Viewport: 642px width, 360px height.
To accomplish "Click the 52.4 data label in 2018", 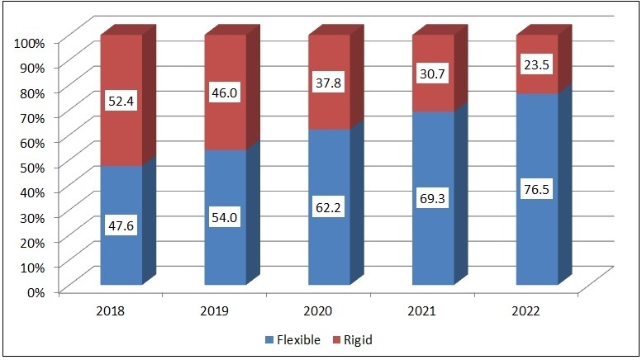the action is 121,101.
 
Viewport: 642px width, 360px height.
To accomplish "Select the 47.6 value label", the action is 121,225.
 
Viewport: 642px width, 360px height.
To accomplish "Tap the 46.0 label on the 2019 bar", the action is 225,92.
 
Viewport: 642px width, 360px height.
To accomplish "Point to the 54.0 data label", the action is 225,217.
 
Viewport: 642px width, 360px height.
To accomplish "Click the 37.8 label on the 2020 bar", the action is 328,83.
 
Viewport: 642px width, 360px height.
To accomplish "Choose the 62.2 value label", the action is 328,208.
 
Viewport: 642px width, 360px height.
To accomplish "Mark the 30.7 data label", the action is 432,74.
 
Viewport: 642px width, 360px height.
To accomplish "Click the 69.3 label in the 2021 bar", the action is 432,199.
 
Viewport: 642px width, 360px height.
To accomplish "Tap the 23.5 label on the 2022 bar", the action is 536,65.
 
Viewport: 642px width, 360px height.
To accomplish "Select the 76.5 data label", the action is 536,190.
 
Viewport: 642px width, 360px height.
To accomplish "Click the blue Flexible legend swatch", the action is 269,340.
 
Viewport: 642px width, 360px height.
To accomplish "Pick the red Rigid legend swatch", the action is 336,340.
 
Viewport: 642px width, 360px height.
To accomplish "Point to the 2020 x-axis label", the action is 318,311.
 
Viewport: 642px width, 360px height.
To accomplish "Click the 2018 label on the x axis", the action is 110,311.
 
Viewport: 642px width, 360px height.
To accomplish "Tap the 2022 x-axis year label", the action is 525,311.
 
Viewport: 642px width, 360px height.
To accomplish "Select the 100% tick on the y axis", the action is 30,43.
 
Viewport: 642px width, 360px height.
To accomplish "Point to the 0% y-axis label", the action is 36,292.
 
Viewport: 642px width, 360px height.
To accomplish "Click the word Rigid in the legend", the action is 359,340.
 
